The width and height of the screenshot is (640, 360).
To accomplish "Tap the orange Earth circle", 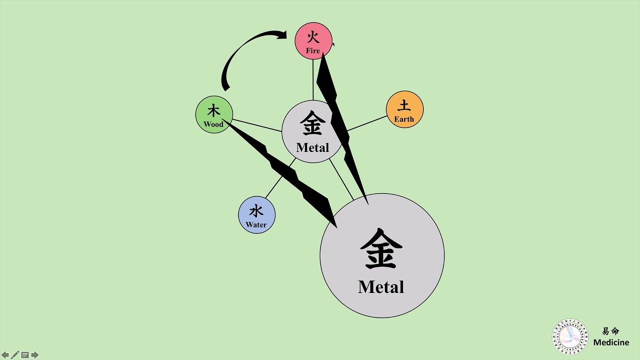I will tap(404, 109).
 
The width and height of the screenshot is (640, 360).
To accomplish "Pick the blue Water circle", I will tap(256, 215).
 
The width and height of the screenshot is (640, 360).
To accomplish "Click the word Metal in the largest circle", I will tap(381, 287).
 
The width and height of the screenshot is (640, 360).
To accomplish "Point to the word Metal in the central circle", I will tap(312, 147).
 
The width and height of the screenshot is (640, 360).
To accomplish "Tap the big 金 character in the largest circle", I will tap(381, 249).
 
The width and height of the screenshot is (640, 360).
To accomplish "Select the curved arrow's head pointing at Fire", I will tap(282, 34).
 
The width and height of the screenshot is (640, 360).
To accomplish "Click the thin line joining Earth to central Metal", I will tap(367, 123).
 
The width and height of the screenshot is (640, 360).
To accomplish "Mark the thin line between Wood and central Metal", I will tap(257, 125).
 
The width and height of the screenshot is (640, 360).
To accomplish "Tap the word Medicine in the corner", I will tap(611, 342).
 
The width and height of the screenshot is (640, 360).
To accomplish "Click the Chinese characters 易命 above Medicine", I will tap(610, 331).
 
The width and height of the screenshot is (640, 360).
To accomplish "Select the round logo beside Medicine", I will tap(570, 336).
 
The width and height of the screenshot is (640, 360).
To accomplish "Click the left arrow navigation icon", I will tap(5, 355).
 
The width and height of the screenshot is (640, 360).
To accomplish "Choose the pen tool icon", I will tap(15, 355).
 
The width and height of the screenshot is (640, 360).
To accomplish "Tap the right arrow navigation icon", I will tap(34, 355).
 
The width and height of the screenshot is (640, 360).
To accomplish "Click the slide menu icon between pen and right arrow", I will tap(24, 355).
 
